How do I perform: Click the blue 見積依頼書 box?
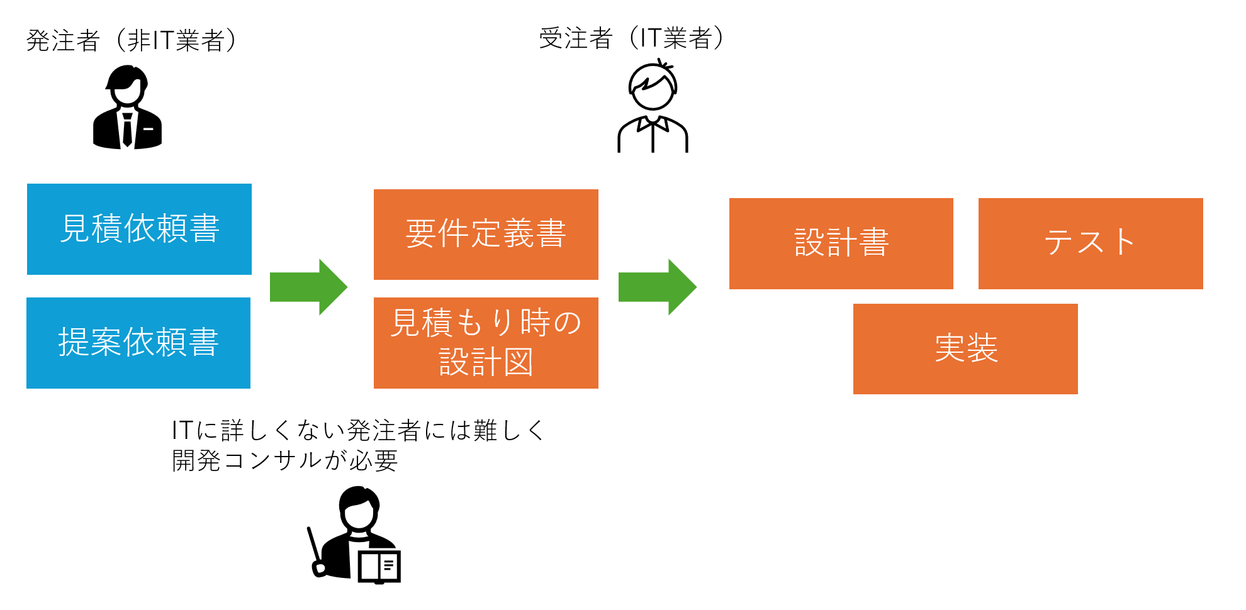click(139, 229)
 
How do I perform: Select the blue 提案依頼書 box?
click(138, 343)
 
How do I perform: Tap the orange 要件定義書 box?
click(486, 234)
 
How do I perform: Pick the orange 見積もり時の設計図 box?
click(486, 343)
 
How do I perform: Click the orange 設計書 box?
click(841, 243)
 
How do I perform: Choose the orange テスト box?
click(1090, 243)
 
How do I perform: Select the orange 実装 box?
click(965, 348)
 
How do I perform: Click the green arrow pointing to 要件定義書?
click(308, 287)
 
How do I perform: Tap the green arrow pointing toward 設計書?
click(657, 287)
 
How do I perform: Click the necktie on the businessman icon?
click(128, 129)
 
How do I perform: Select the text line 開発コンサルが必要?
click(285, 461)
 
